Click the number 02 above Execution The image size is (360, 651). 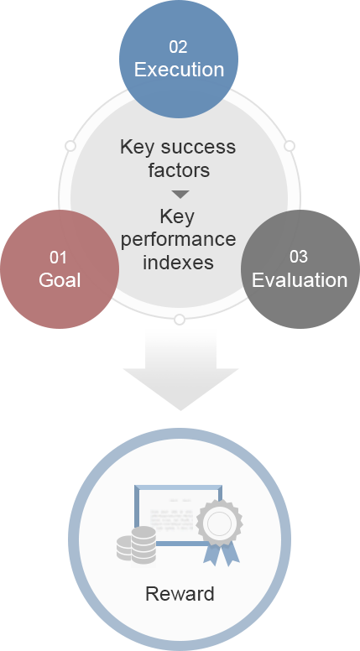[x=178, y=46]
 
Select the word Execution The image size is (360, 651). [x=179, y=70]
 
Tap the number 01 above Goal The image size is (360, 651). [x=59, y=257]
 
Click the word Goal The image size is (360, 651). [x=60, y=280]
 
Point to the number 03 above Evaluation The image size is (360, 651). [x=299, y=257]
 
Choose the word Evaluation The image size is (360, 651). [x=300, y=280]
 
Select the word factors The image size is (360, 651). [x=178, y=170]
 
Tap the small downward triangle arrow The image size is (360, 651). [x=179, y=195]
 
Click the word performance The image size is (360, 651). [x=178, y=239]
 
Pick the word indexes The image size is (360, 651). [x=178, y=262]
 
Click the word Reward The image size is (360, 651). [x=180, y=594]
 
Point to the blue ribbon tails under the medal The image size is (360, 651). [x=219, y=554]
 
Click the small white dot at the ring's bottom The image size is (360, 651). [x=179, y=320]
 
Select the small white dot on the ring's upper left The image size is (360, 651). [x=70, y=146]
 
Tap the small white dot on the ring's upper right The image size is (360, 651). [x=289, y=146]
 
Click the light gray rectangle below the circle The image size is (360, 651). [x=180, y=369]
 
